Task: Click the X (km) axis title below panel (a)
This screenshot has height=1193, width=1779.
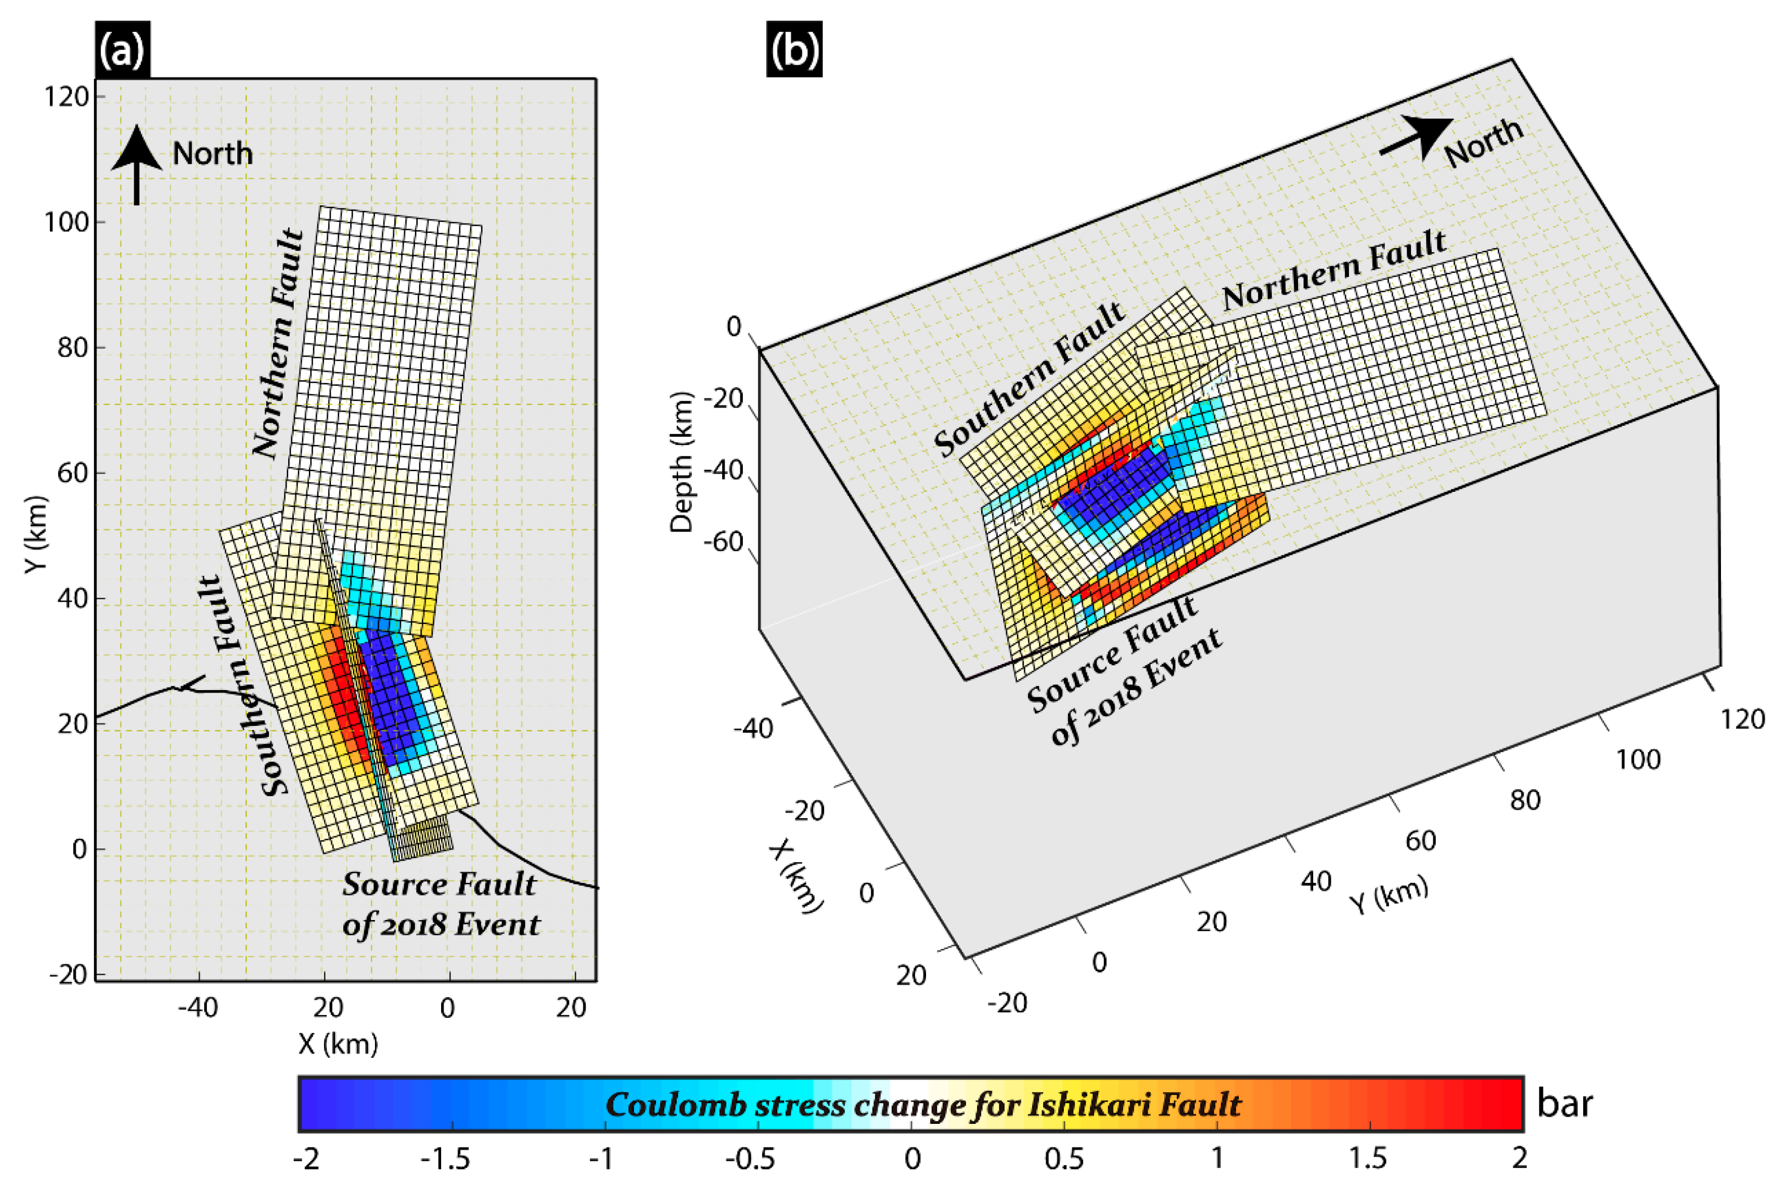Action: point(338,1044)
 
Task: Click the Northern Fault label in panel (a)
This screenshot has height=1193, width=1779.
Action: point(279,343)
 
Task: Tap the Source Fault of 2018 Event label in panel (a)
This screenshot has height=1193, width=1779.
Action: point(440,904)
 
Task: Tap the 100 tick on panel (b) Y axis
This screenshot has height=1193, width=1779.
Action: point(1637,759)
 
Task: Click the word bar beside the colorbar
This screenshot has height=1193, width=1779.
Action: point(1565,1103)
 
